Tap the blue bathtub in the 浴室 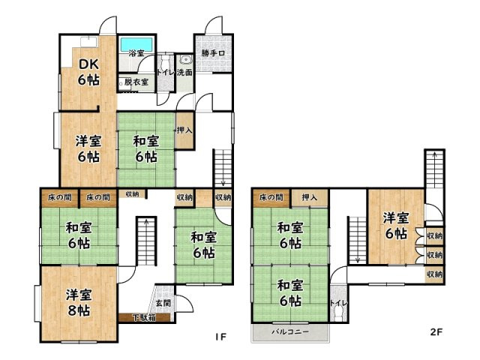[x=136, y=43]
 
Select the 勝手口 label [x=213, y=53]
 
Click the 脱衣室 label [x=136, y=81]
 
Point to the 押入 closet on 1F [x=183, y=130]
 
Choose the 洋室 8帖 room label [x=78, y=302]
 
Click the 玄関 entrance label [x=163, y=303]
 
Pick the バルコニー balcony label [x=291, y=331]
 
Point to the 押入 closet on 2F [x=310, y=197]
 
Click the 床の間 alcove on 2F [x=271, y=197]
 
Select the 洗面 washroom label [x=185, y=73]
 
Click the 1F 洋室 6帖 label [x=88, y=148]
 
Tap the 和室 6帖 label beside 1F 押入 [x=145, y=148]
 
